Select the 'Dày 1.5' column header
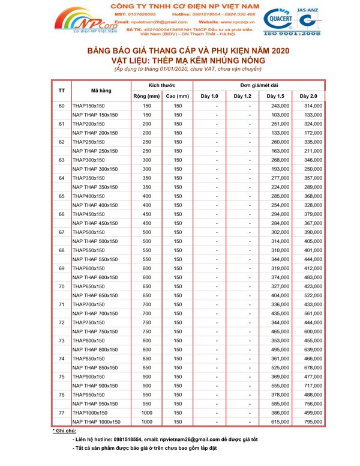coord(275,96)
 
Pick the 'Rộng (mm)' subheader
coord(146,96)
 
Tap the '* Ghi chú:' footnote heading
coord(64,431)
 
